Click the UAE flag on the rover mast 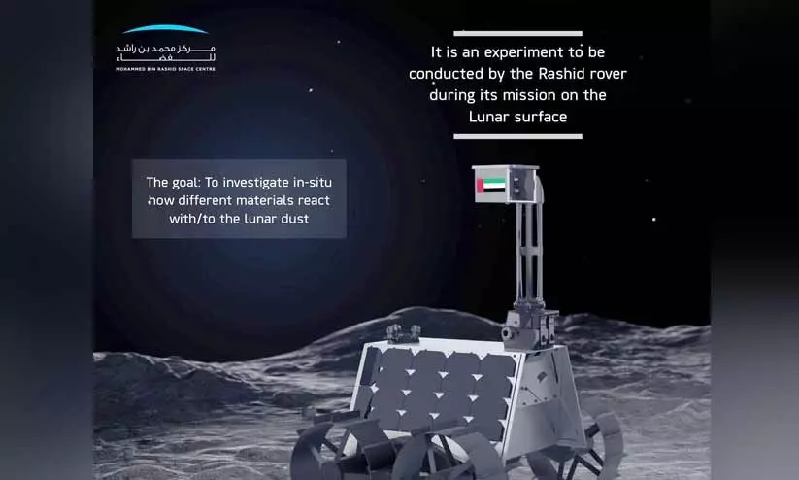tap(491, 186)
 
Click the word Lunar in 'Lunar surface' tap(489, 117)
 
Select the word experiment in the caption tap(524, 53)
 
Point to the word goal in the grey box tap(185, 182)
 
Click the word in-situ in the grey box tap(312, 182)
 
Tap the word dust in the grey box tap(294, 219)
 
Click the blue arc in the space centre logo tap(166, 29)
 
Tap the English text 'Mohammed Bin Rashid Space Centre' tap(166, 69)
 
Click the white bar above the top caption tap(517, 34)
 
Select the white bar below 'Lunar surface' tap(517, 136)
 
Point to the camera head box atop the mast tap(506, 184)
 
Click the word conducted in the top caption tap(447, 74)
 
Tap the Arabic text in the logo tap(166, 53)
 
